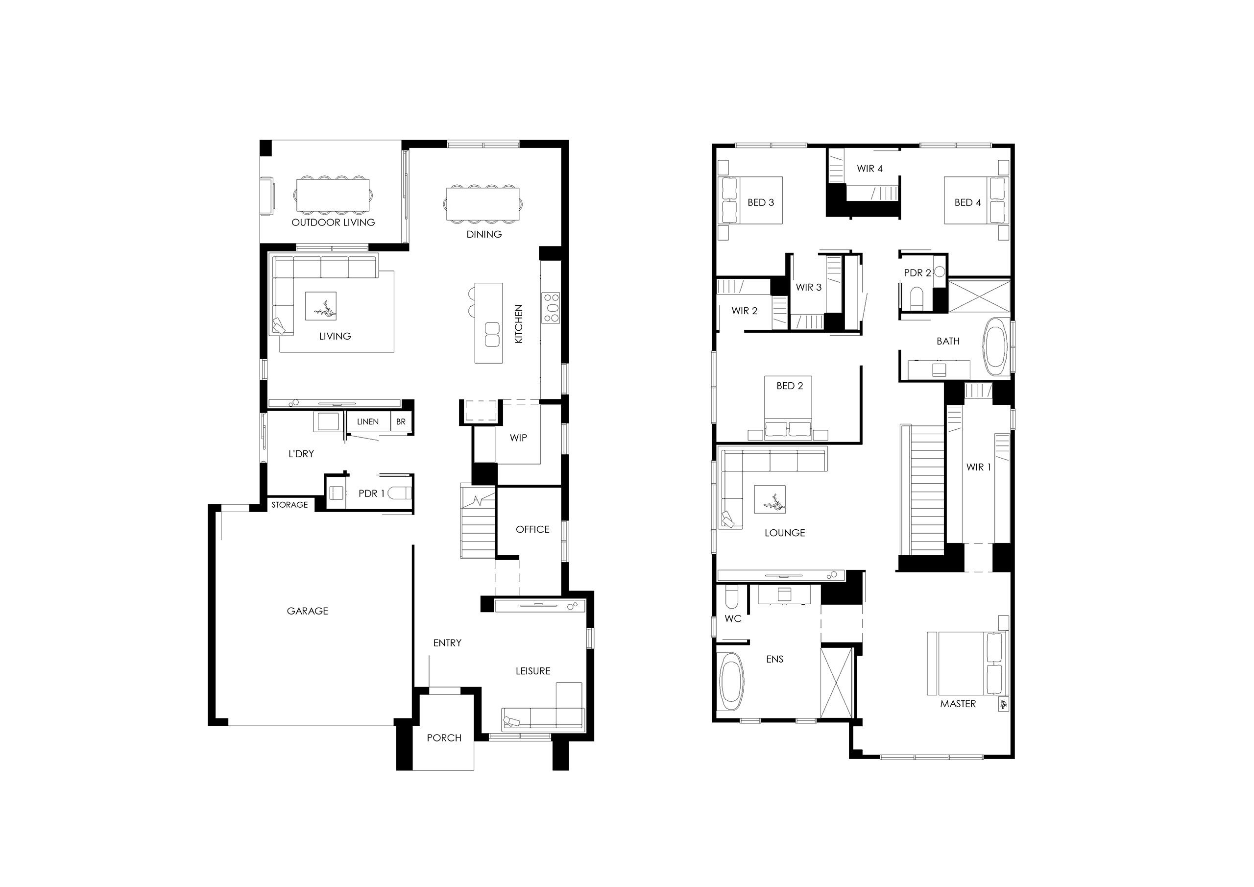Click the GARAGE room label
pos(308,611)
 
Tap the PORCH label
pos(444,738)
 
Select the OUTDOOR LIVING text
pos(333,222)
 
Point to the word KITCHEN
pos(519,324)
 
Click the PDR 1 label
pos(372,493)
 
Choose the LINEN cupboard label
pos(367,422)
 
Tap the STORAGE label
pos(289,505)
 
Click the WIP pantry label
pos(518,438)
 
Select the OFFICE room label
pos(532,529)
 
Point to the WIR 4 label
pos(869,168)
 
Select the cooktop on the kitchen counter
pos(551,308)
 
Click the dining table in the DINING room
pos(483,204)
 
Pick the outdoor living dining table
pos(333,195)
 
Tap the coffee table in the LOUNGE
pos(770,499)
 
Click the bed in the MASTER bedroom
pos(967,664)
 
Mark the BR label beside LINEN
pos(401,422)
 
